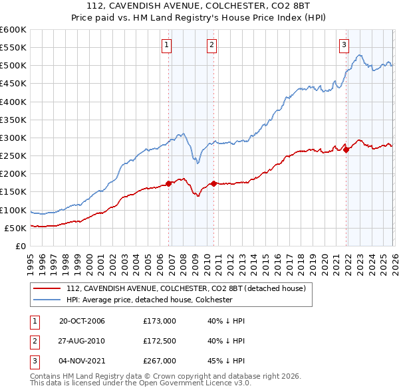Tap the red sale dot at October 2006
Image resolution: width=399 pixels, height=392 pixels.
tap(169, 183)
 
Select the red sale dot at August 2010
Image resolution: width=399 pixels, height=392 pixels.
tap(213, 183)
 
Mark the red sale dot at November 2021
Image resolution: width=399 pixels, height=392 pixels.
tap(346, 149)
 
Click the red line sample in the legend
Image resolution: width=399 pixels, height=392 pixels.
tap(47, 288)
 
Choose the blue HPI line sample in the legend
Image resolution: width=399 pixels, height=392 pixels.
tap(47, 300)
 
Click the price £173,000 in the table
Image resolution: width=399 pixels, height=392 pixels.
tap(159, 321)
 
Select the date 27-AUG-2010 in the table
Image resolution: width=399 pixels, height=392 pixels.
tap(82, 341)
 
